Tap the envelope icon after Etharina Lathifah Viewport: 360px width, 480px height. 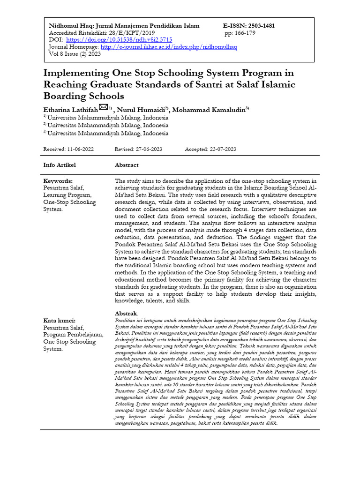click(104, 108)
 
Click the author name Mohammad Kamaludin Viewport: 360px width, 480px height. click(210, 110)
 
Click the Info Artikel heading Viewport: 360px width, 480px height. click(60, 165)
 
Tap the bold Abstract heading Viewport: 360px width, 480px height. click(127, 165)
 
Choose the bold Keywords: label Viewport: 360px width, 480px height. click(58, 181)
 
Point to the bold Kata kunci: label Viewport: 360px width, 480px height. click(60, 321)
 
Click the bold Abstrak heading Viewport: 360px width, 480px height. click(126, 313)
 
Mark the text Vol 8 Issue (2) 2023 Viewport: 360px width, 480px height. click(75, 54)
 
